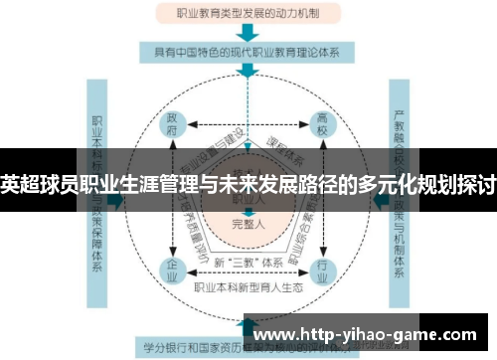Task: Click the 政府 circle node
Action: (x=171, y=128)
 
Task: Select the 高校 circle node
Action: (x=323, y=128)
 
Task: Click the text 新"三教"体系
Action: (x=247, y=261)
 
